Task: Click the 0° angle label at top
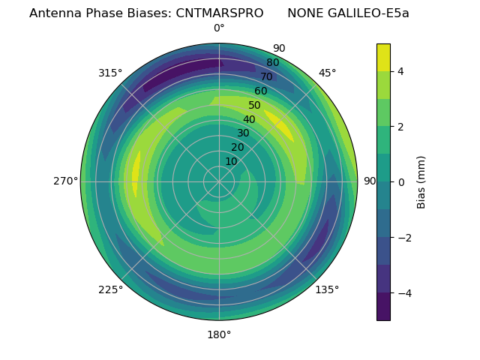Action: (x=219, y=28)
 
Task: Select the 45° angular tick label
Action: (x=327, y=73)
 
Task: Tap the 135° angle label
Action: (x=327, y=289)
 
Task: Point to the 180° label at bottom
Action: (x=219, y=334)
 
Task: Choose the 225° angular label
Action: (x=110, y=289)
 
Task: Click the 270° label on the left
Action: (x=66, y=181)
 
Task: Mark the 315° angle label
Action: (x=110, y=73)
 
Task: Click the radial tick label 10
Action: (x=231, y=161)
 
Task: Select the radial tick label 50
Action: (x=255, y=106)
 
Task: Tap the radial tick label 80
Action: (x=272, y=63)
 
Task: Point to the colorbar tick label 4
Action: (x=400, y=71)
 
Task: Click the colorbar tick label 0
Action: (x=400, y=181)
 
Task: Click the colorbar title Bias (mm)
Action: (x=421, y=181)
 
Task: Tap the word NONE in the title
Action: (x=304, y=13)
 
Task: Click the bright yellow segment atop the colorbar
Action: (x=383, y=57)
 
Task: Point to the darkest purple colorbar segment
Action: (x=383, y=307)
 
